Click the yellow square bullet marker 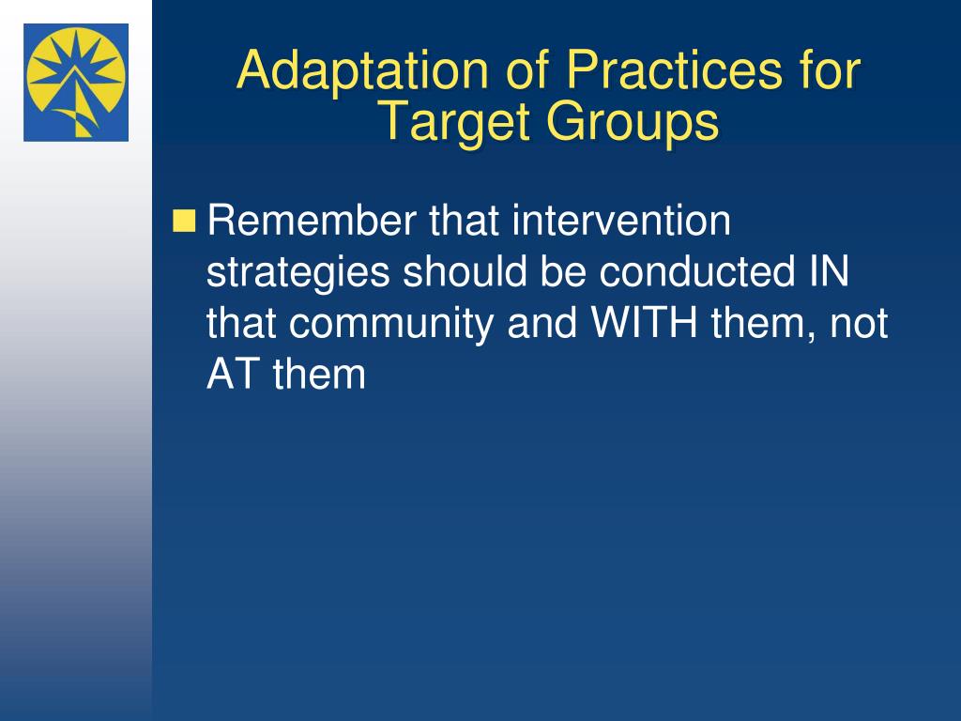184,222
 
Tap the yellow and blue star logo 76,83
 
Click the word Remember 312,220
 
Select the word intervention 621,220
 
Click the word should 465,270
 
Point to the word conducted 697,270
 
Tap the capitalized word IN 830,271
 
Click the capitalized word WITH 644,323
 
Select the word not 860,324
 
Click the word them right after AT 319,374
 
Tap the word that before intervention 464,220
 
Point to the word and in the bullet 542,322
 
